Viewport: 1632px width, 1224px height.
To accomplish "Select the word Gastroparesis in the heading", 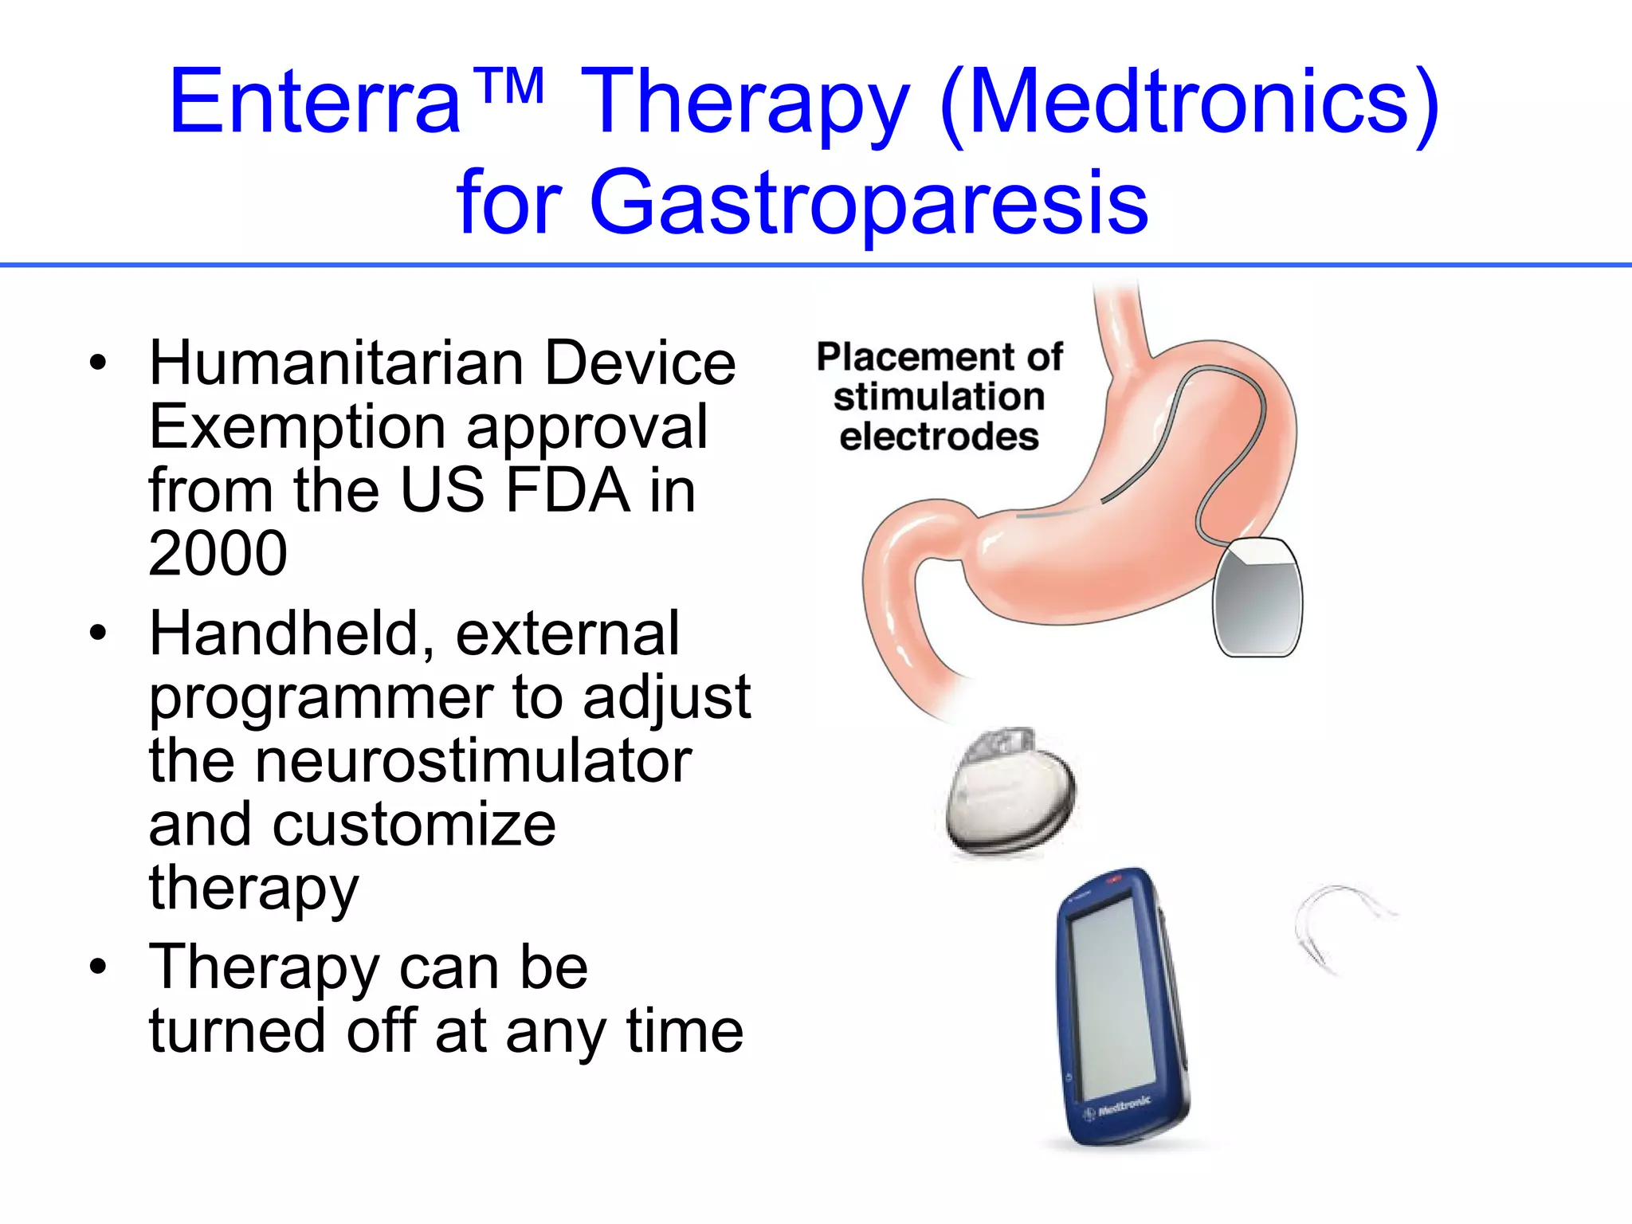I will coord(868,203).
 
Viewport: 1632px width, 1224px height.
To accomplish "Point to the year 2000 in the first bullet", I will coord(218,554).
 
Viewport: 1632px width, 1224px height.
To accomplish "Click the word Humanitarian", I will coord(335,363).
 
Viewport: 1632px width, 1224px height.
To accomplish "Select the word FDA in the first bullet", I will coord(567,490).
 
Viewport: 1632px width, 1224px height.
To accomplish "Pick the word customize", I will coord(414,825).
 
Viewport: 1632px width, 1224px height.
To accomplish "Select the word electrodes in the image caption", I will coord(939,437).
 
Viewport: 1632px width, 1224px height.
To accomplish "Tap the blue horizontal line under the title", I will coord(816,265).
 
